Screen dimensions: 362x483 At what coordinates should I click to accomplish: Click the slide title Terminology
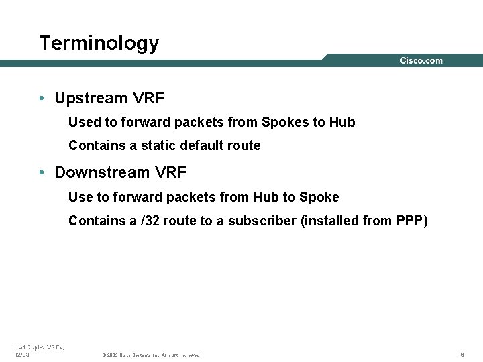point(99,43)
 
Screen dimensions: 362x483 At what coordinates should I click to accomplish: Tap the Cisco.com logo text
point(421,61)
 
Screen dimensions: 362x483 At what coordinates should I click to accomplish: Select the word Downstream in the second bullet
point(103,172)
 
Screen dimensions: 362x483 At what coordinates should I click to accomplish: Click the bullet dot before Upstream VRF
point(42,99)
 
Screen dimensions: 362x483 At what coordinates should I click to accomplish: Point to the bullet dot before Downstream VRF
point(42,172)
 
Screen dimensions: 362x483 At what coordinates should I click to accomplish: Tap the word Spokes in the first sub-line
point(284,123)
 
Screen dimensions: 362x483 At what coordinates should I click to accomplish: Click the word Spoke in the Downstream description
point(319,197)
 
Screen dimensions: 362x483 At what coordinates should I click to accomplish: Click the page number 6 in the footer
point(462,354)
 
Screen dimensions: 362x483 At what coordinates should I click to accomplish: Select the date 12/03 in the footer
point(22,355)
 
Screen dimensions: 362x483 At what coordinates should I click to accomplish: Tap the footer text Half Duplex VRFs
point(38,347)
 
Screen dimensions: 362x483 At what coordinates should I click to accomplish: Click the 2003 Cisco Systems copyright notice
point(150,355)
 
